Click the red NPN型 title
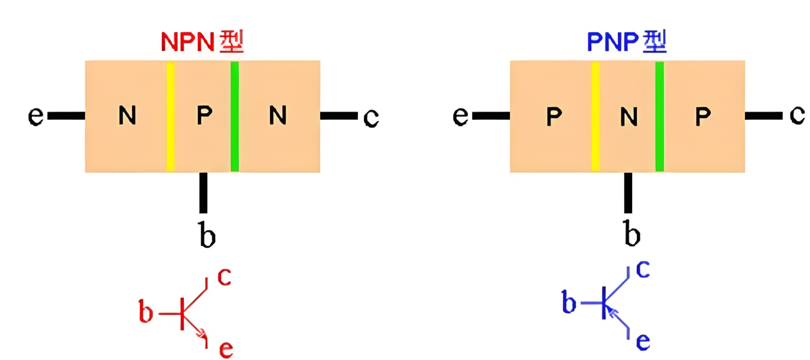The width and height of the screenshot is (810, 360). click(x=202, y=42)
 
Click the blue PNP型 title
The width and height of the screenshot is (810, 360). click(x=626, y=42)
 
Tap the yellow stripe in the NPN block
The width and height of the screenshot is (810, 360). click(x=171, y=116)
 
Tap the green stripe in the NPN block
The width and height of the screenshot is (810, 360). click(x=235, y=116)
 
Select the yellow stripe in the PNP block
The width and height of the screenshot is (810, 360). click(x=595, y=116)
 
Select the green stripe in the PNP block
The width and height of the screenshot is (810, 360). click(x=659, y=116)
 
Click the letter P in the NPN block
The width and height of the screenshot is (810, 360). click(x=205, y=115)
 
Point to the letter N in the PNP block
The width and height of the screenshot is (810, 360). click(x=629, y=117)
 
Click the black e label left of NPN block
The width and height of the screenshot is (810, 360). click(x=35, y=115)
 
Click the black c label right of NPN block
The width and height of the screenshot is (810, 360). click(x=371, y=117)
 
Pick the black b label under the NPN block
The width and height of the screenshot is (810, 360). click(x=207, y=235)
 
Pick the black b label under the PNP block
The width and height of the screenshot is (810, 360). click(x=632, y=233)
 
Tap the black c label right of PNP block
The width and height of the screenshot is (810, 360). click(x=797, y=115)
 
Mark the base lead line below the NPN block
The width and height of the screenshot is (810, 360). click(x=203, y=192)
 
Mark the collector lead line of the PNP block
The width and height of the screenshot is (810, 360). click(x=763, y=116)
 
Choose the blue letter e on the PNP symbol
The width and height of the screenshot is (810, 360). click(x=643, y=341)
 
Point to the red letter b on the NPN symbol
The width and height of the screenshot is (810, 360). click(x=146, y=312)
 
